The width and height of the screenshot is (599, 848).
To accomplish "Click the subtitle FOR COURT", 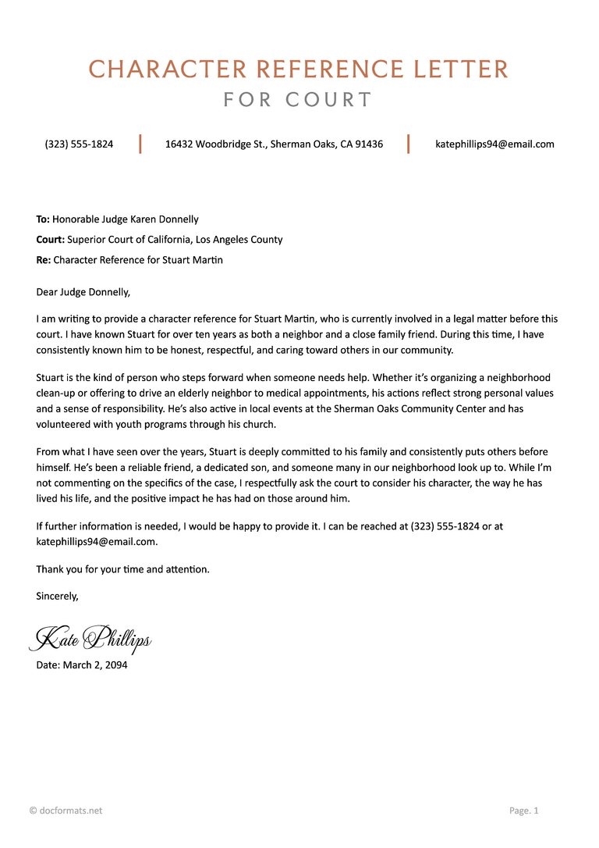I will [299, 100].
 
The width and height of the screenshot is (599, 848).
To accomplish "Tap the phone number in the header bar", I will [79, 144].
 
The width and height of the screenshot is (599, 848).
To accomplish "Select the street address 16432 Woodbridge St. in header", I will [216, 144].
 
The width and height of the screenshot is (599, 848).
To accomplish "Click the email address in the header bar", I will [494, 144].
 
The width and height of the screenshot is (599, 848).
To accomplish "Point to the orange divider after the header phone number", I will [140, 144].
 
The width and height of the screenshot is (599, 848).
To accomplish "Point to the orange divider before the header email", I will [409, 144].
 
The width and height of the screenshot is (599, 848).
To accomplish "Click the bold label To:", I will [43, 219].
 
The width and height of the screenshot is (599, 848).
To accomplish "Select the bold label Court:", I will [51, 240].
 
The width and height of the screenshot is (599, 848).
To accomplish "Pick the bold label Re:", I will [44, 260].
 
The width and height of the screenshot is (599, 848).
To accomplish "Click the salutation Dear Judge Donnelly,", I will [83, 293].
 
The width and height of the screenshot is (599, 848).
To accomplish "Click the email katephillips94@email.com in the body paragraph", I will [97, 541].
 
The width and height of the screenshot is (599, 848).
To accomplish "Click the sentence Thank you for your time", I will [123, 569].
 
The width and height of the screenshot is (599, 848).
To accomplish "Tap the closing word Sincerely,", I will [58, 596].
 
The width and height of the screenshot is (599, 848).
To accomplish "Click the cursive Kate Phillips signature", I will [90, 639].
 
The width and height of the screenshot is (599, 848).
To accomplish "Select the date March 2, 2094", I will [95, 665].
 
